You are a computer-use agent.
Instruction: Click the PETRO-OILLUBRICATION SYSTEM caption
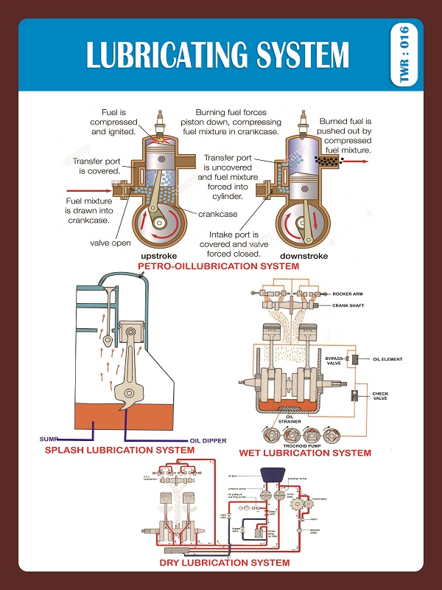pyautogui.click(x=219, y=265)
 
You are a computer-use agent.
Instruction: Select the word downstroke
pyautogui.click(x=303, y=256)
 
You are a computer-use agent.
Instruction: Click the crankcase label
pyautogui.click(x=217, y=214)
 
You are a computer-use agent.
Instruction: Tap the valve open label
pyautogui.click(x=110, y=242)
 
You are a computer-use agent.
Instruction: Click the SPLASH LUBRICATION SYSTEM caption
pyautogui.click(x=119, y=450)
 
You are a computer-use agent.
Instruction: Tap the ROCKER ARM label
pyautogui.click(x=348, y=294)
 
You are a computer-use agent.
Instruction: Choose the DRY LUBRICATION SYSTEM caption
pyautogui.click(x=225, y=563)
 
